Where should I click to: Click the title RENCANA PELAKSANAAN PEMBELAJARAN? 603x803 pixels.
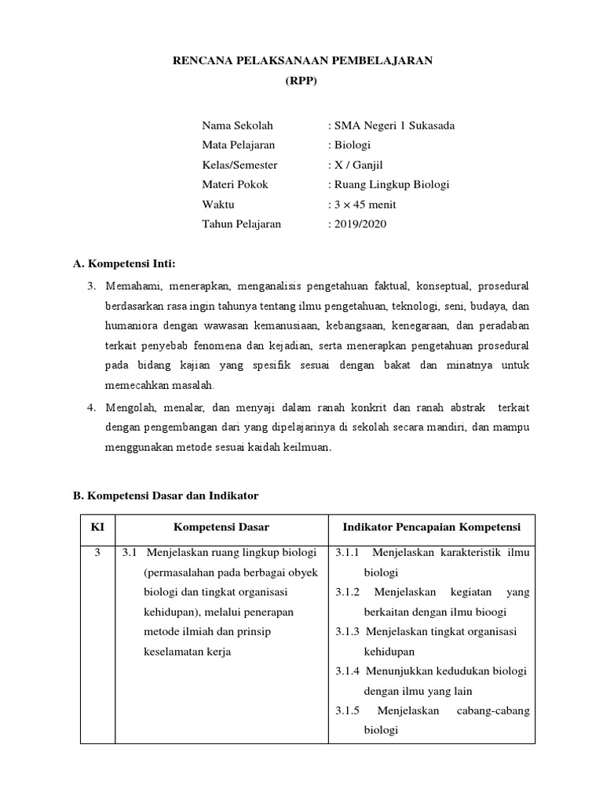pyautogui.click(x=302, y=61)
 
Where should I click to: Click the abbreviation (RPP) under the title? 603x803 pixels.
pyautogui.click(x=302, y=81)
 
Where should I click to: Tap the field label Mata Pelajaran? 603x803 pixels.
pyautogui.click(x=239, y=145)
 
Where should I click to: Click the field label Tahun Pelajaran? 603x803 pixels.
pyautogui.click(x=241, y=224)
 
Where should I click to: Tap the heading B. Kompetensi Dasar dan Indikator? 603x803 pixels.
pyautogui.click(x=166, y=496)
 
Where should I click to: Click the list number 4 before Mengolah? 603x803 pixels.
pyautogui.click(x=91, y=408)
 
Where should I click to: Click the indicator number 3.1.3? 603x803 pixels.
pyautogui.click(x=347, y=632)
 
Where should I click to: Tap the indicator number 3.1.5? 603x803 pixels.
pyautogui.click(x=347, y=710)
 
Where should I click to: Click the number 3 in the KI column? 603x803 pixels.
pyautogui.click(x=97, y=553)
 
